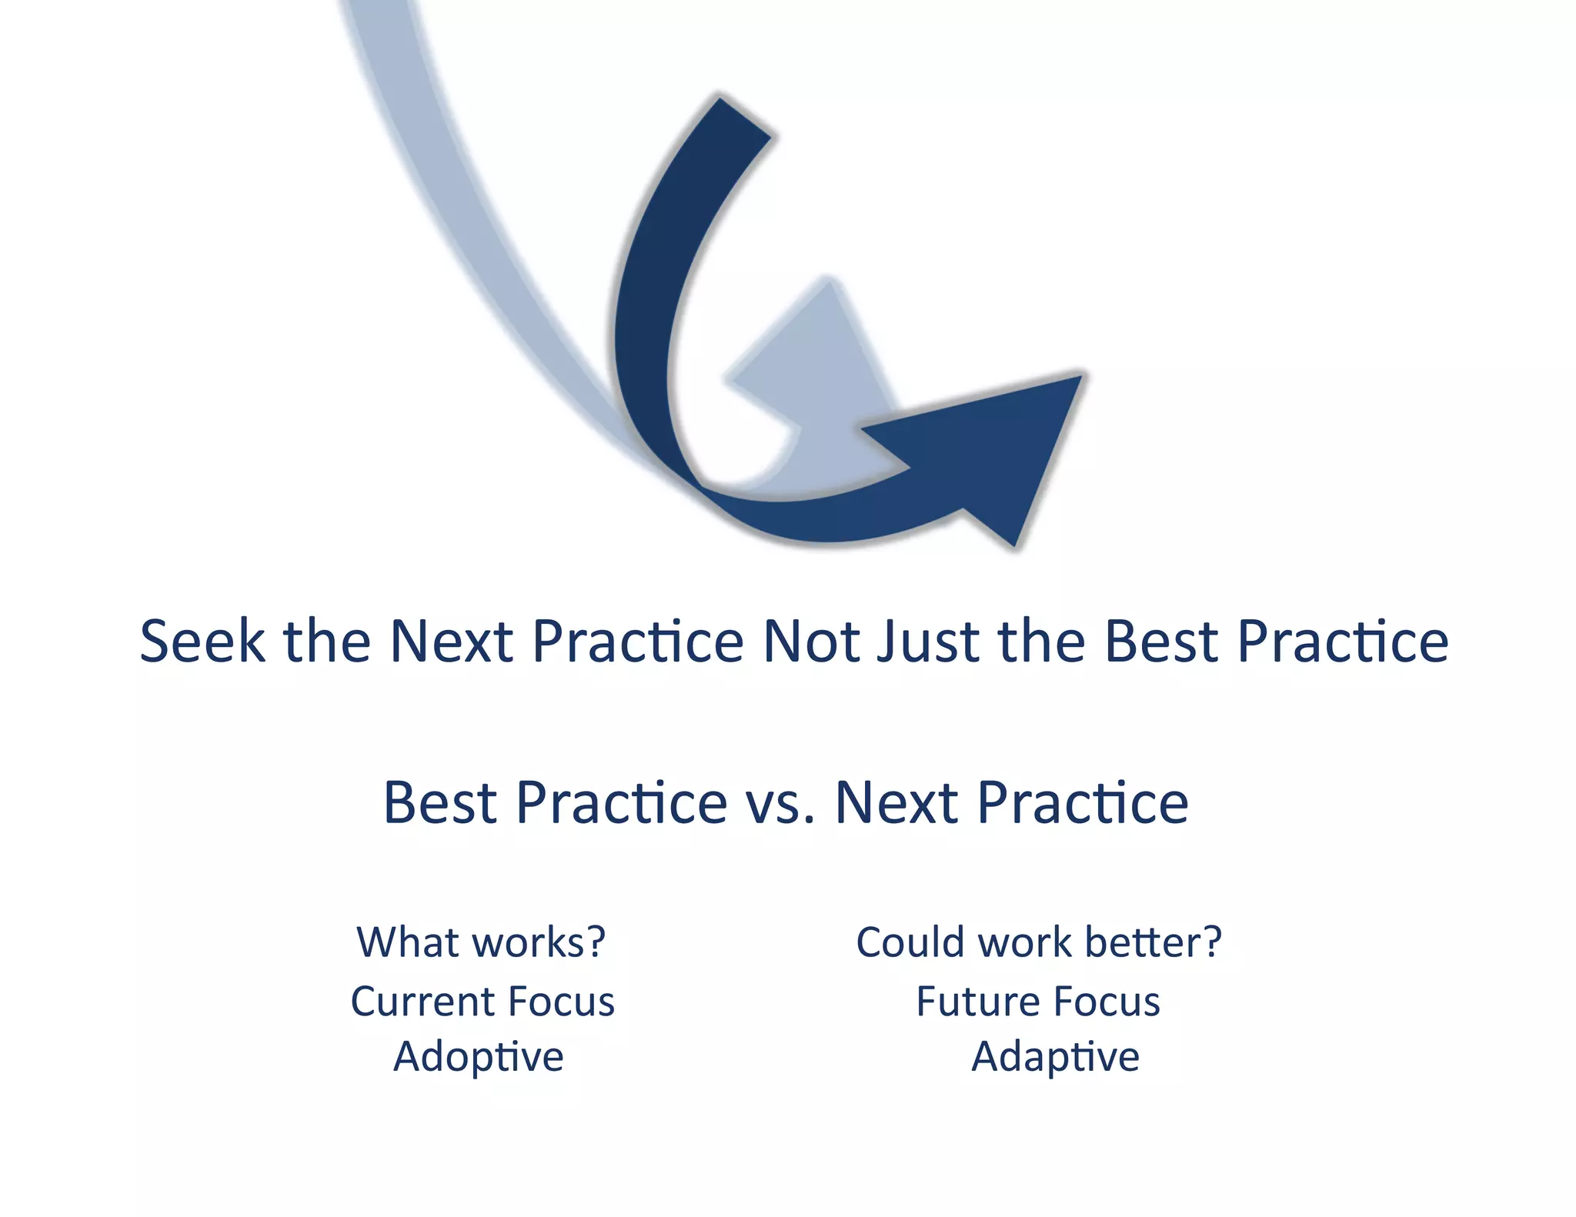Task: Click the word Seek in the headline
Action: click(202, 642)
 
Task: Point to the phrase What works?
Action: click(481, 943)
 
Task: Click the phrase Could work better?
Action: click(1039, 943)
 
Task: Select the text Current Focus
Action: click(482, 1002)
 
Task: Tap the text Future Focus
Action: click(1038, 1002)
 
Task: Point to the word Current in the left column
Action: click(423, 1002)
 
